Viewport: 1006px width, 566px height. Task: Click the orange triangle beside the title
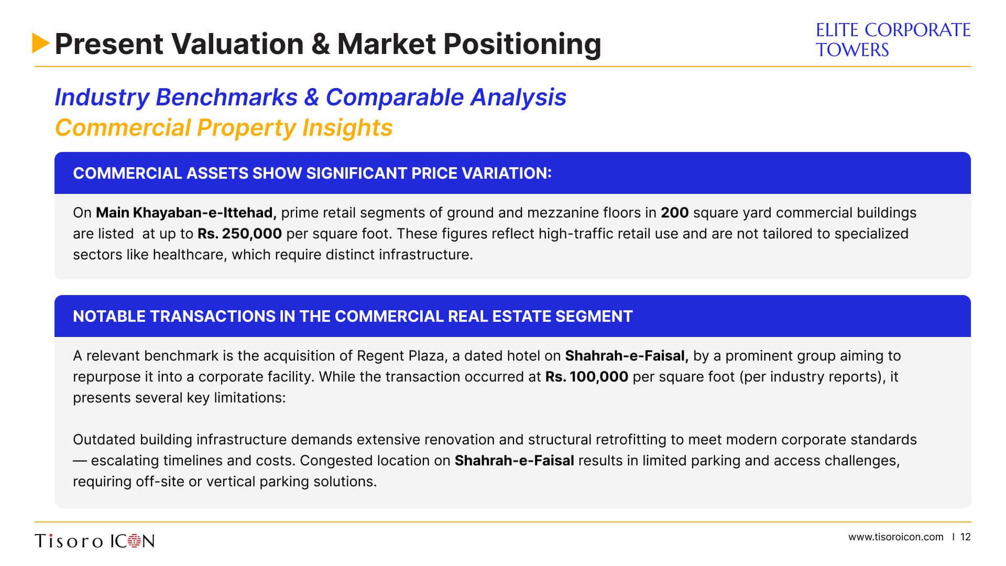coord(40,43)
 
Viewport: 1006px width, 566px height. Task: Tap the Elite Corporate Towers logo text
coord(893,40)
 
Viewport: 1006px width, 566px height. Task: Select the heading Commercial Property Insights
coord(224,127)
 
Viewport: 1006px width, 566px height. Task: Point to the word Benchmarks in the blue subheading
coord(227,97)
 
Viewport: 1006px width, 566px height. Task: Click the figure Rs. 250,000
coord(239,234)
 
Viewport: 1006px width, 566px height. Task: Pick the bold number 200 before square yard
coord(674,213)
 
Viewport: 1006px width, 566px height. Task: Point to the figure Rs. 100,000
coord(587,377)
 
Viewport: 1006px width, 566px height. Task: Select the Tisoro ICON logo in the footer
coord(95,541)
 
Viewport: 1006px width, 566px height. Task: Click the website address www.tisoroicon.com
coord(896,537)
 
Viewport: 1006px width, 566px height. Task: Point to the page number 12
coord(966,537)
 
